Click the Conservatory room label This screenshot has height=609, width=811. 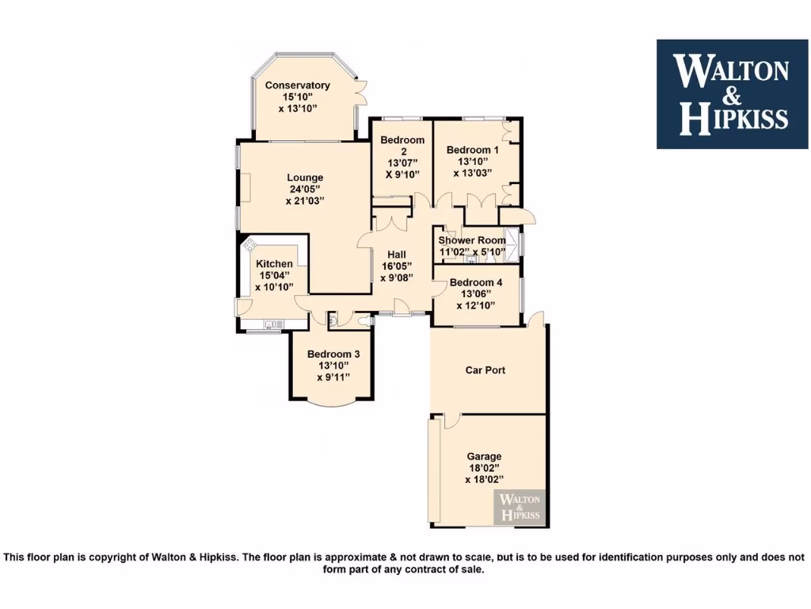pos(297,86)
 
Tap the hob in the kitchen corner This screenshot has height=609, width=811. pos(249,245)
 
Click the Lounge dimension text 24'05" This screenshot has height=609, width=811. pos(305,190)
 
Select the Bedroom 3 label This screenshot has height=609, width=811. pos(333,354)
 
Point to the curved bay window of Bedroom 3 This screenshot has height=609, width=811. pos(333,403)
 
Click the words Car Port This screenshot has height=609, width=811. pos(485,370)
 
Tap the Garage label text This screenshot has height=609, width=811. pos(483,457)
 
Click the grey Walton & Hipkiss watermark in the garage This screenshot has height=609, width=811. pos(520,507)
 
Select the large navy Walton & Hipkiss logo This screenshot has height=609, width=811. pos(733,94)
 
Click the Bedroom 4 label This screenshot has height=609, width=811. pos(475,283)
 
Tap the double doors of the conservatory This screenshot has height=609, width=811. pos(361,93)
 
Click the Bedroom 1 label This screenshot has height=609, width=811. pos(472,150)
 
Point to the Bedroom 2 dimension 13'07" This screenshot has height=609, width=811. pos(402,163)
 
